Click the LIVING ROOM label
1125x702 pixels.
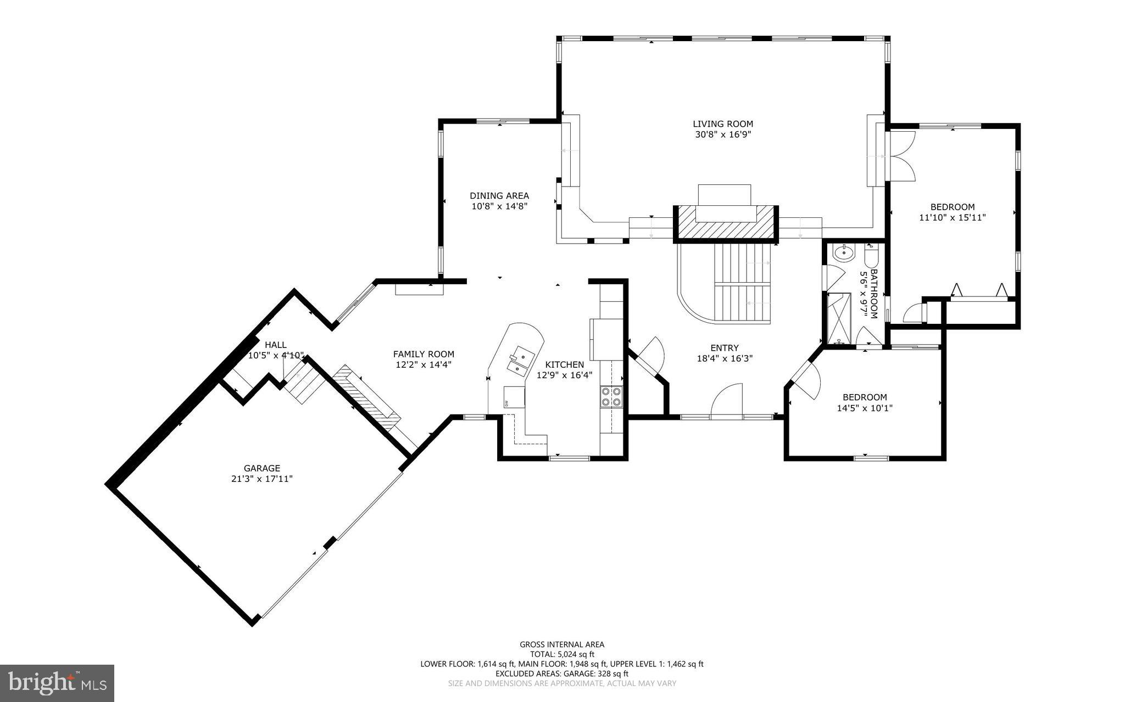(722, 124)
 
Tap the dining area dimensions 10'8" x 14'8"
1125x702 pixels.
(499, 206)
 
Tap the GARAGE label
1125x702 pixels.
(262, 468)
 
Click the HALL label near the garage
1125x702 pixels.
(275, 345)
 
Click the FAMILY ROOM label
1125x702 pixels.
(424, 354)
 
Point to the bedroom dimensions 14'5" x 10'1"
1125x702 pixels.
(865, 408)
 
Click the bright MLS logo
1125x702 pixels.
(57, 682)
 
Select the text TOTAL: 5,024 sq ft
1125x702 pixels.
(562, 654)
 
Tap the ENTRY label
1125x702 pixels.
(725, 347)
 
